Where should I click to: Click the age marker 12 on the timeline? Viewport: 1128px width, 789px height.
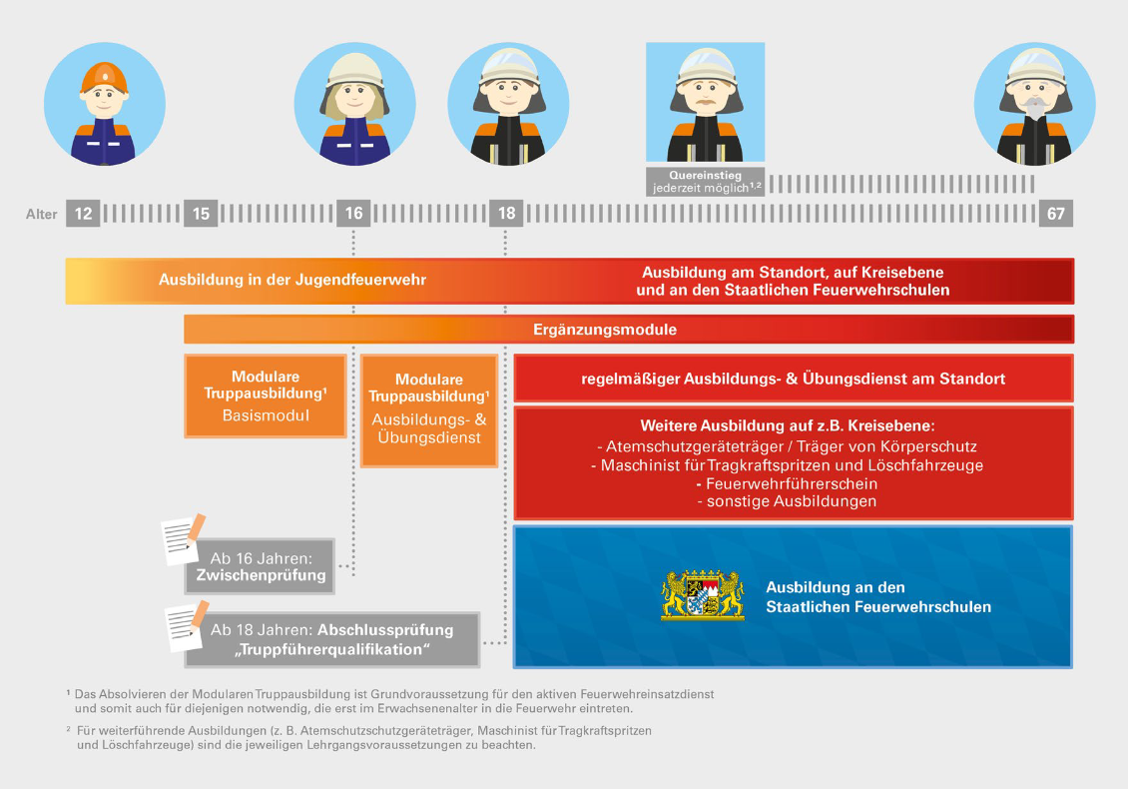[83, 214]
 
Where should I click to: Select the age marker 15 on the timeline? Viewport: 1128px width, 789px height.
[201, 214]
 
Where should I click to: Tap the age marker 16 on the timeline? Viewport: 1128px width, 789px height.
[353, 214]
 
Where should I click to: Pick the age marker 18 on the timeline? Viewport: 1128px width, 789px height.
[506, 214]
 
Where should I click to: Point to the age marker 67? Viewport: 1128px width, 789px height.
[1056, 214]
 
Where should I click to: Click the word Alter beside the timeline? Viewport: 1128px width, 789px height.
[41, 214]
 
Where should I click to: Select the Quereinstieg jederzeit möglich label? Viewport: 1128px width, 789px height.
[705, 181]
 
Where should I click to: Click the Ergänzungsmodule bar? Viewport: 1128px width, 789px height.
[628, 330]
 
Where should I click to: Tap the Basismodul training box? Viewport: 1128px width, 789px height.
[266, 395]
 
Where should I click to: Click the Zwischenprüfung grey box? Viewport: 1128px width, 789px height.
[260, 566]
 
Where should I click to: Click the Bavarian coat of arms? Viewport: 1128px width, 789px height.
[703, 596]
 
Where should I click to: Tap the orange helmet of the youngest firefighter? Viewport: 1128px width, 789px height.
[105, 74]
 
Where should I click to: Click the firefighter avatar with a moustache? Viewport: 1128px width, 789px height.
[705, 103]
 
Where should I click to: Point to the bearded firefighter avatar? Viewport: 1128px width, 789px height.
[1034, 104]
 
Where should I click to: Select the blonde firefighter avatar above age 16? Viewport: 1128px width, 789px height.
[355, 104]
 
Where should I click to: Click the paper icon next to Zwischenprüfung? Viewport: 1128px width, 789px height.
[183, 539]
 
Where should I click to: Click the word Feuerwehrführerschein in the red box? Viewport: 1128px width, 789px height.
[792, 483]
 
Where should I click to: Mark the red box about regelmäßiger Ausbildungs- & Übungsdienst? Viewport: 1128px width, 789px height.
[793, 380]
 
